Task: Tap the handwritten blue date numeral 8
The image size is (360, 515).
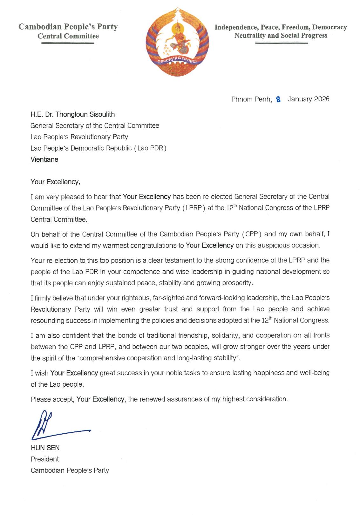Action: point(279,99)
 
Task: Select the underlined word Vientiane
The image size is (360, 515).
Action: point(44,159)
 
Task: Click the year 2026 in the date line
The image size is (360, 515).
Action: point(322,99)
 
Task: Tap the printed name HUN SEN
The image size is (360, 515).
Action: point(45,448)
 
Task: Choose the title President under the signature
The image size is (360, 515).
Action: point(45,459)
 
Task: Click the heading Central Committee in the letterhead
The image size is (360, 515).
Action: point(68,36)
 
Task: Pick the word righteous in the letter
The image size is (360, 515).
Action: point(135,298)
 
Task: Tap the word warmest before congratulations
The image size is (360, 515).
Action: point(131,246)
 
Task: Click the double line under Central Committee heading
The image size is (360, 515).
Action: point(68,43)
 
